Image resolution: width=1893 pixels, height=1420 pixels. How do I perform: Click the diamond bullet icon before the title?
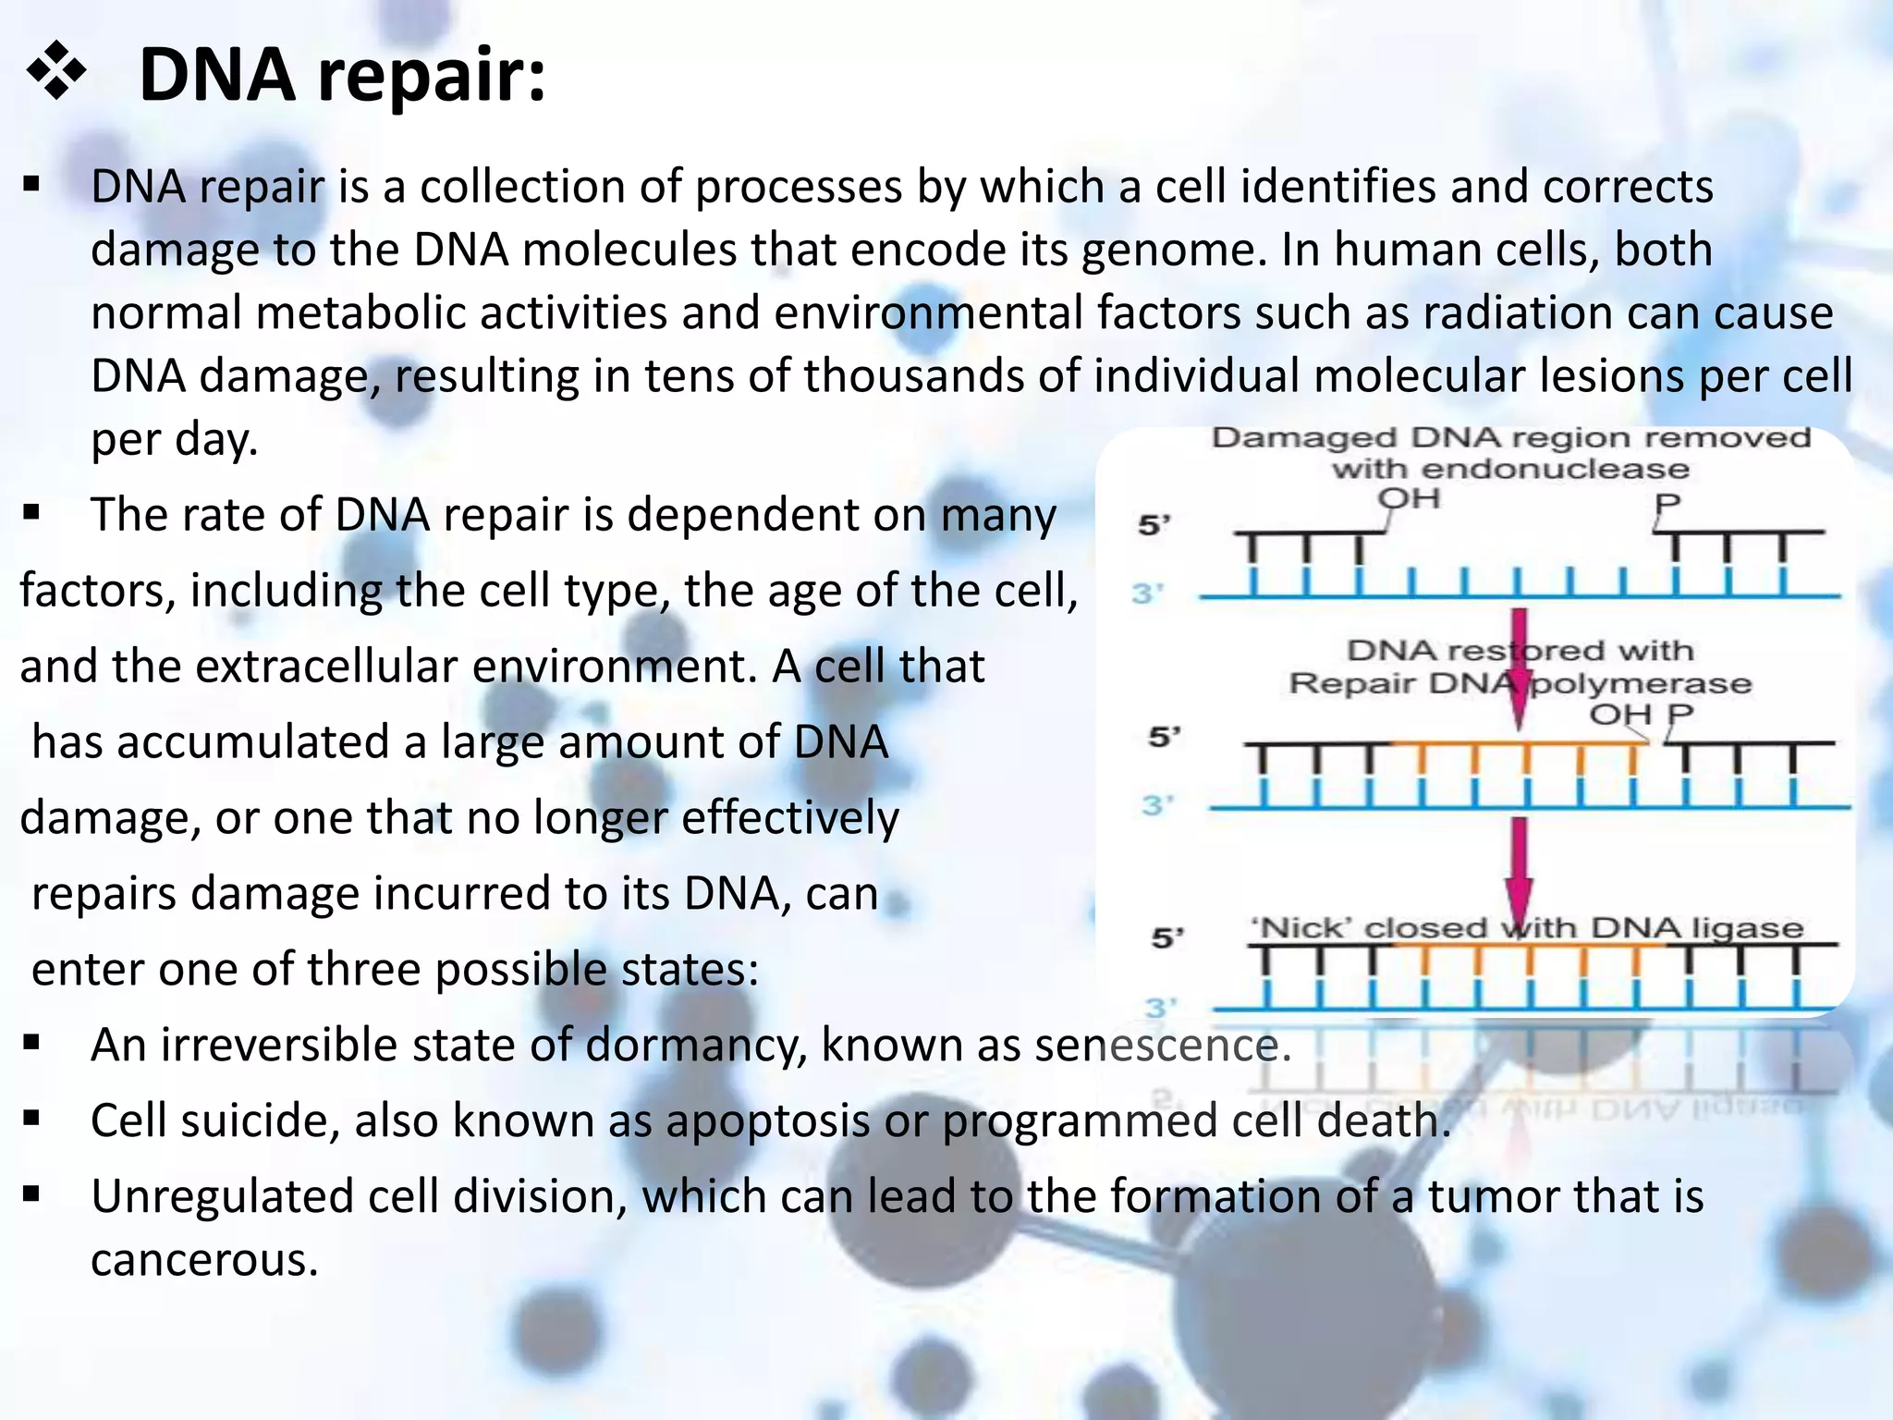pos(56,71)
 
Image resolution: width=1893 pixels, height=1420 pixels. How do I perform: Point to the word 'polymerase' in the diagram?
pos(1641,684)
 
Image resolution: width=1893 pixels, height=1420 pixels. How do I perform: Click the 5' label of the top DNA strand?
pos(1154,525)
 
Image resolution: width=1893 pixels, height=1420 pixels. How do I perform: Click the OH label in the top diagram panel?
pos(1409,499)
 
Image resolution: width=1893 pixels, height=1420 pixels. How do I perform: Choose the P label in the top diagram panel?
pos(1667,505)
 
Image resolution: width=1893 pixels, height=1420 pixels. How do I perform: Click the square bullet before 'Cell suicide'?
pos(32,1120)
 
